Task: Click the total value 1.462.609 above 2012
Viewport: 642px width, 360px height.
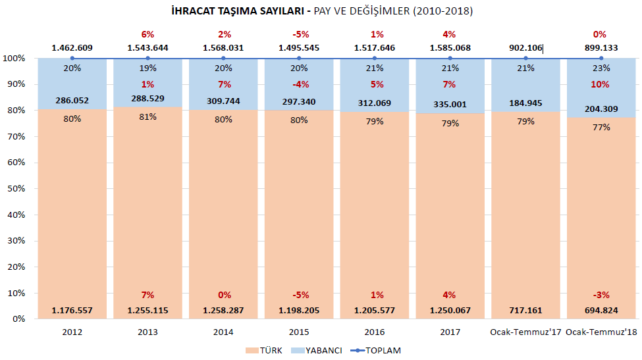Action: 72,47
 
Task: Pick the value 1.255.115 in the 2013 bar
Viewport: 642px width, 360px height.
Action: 147,310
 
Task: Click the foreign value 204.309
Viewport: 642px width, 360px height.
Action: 601,109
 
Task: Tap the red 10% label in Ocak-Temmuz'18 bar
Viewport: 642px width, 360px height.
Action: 600,84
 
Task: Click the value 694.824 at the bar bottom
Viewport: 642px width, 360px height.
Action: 601,310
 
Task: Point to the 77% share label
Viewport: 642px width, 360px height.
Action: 601,127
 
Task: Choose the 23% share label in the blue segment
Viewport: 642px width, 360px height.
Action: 601,67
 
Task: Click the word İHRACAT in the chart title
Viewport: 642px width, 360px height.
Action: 190,11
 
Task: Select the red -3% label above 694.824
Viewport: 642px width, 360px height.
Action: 600,295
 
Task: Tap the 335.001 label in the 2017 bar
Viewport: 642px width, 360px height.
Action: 450,104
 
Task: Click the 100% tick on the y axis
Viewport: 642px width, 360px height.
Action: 14,59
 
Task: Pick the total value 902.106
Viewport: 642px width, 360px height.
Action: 525,47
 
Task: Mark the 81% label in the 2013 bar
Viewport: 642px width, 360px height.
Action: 147,116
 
